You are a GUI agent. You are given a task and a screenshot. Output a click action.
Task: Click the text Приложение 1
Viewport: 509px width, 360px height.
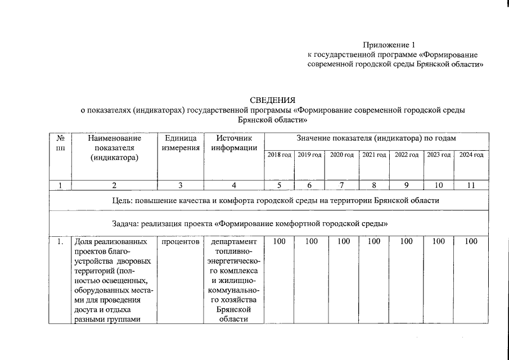click(x=389, y=45)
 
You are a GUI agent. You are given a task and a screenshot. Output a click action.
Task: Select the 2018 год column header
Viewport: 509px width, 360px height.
click(x=279, y=155)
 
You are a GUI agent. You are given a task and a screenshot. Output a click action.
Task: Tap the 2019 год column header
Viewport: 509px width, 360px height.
click(x=309, y=155)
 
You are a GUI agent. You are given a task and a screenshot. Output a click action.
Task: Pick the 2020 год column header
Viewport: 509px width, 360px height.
click(x=341, y=155)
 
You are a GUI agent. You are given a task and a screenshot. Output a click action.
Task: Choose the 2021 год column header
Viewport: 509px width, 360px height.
click(x=374, y=155)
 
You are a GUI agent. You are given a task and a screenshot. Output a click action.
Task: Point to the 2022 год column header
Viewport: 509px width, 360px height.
click(x=406, y=155)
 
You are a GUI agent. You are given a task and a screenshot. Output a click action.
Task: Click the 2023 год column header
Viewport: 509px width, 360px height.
click(x=439, y=155)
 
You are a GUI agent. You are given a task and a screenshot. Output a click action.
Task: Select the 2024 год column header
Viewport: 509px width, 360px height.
click(x=471, y=155)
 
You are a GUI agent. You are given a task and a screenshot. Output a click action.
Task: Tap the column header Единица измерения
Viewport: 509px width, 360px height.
click(x=180, y=143)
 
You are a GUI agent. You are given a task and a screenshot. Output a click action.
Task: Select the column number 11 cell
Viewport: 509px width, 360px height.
click(x=471, y=185)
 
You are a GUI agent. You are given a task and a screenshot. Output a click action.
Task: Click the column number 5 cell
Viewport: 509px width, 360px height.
click(x=279, y=185)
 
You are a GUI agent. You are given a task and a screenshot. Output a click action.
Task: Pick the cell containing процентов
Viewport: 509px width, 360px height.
click(x=180, y=242)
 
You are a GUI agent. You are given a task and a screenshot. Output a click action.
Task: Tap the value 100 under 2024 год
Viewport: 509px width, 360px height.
click(x=471, y=242)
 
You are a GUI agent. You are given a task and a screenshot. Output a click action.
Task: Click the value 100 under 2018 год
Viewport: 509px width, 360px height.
click(x=279, y=242)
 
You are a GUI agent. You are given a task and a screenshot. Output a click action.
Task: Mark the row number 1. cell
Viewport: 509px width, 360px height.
click(x=60, y=242)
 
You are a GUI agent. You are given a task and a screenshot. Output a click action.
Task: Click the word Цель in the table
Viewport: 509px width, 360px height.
click(x=122, y=200)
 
